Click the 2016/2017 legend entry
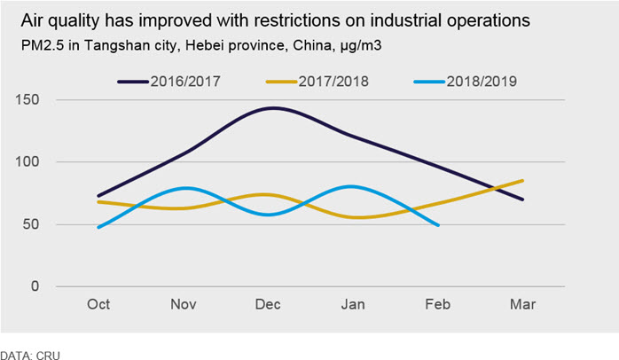pyautogui.click(x=169, y=82)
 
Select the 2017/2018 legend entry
pyautogui.click(x=317, y=82)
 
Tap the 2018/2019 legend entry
pyautogui.click(x=466, y=82)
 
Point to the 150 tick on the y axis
pyautogui.click(x=27, y=100)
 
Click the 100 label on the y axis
pyautogui.click(x=27, y=162)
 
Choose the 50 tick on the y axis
pyautogui.click(x=31, y=224)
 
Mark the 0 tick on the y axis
pyautogui.click(x=35, y=286)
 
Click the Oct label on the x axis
pyautogui.click(x=98, y=304)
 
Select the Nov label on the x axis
pyautogui.click(x=184, y=304)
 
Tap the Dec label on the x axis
pyautogui.click(x=268, y=304)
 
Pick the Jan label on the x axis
pyautogui.click(x=353, y=304)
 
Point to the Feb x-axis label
pyautogui.click(x=438, y=304)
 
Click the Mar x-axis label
pyautogui.click(x=522, y=304)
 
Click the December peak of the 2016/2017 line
pyautogui.click(x=273, y=108)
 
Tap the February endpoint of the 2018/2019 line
pyautogui.click(x=438, y=225)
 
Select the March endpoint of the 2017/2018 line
pyautogui.click(x=522, y=181)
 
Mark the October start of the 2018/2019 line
pyautogui.click(x=98, y=227)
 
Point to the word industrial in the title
pyautogui.click(x=406, y=20)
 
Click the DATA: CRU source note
pyautogui.click(x=30, y=355)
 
